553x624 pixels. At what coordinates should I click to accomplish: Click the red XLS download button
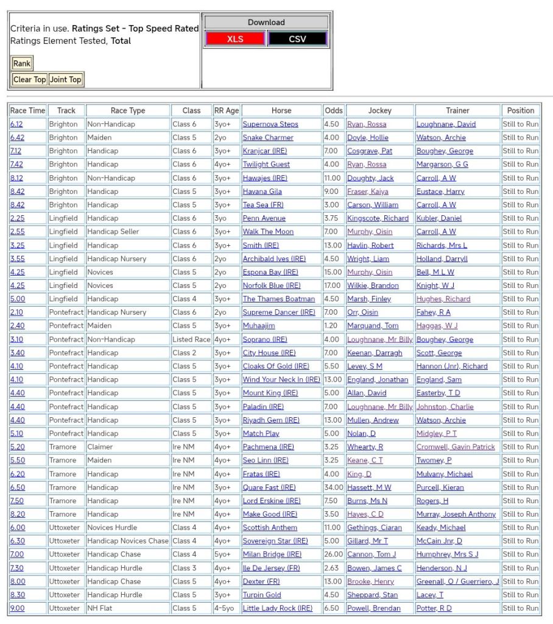pos(235,39)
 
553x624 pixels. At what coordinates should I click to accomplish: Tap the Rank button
pos(22,63)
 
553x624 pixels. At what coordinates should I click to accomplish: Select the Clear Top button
pos(30,79)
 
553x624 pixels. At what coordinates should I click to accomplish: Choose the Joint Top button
pos(66,79)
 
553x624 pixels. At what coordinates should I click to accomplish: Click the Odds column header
pos(334,110)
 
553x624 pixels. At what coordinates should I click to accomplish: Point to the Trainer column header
pos(457,110)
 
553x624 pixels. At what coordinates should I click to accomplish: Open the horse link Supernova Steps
pos(270,124)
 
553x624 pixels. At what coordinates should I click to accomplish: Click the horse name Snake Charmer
pos(268,137)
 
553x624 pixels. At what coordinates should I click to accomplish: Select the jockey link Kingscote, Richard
pos(378,218)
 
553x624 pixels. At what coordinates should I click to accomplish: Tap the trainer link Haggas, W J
pos(437,326)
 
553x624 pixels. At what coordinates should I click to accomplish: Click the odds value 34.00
pos(333,487)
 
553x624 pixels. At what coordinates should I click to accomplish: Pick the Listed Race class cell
pos(191,339)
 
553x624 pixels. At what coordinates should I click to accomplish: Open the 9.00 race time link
pos(18,608)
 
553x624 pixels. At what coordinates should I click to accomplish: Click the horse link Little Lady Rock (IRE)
pos(277,608)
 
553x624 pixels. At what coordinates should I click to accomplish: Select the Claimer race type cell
pos(101,447)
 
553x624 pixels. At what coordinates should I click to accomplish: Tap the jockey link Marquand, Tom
pos(373,326)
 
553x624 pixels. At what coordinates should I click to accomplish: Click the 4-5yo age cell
pos(226,608)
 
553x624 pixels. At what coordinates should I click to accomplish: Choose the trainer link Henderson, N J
pos(442,568)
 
